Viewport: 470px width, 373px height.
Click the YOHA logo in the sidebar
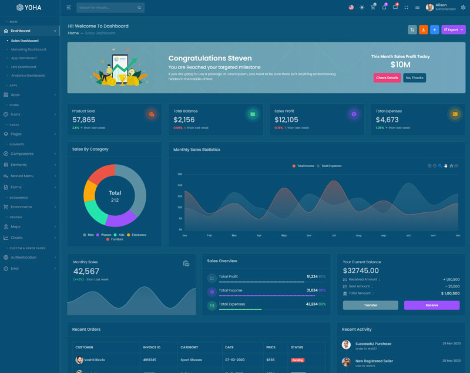tap(29, 8)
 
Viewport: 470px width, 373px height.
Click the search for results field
tap(106, 8)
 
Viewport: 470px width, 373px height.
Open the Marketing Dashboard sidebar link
tap(28, 49)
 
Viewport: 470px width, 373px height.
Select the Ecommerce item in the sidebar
tap(21, 206)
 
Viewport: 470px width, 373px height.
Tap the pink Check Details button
tap(387, 77)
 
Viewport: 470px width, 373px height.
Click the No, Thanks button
tap(414, 77)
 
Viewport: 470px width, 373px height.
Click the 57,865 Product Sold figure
tap(83, 120)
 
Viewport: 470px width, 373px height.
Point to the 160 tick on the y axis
tap(180, 174)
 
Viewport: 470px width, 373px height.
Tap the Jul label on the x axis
tap(334, 235)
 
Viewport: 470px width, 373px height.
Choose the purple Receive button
tap(431, 305)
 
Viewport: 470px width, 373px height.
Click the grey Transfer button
tap(370, 305)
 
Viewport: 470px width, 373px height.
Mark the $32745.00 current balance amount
tap(361, 271)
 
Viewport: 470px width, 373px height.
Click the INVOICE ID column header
tap(152, 347)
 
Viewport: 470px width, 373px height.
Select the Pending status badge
tap(297, 360)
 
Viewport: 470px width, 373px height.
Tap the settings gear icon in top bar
tap(463, 8)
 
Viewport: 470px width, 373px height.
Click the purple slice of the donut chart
tap(121, 219)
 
